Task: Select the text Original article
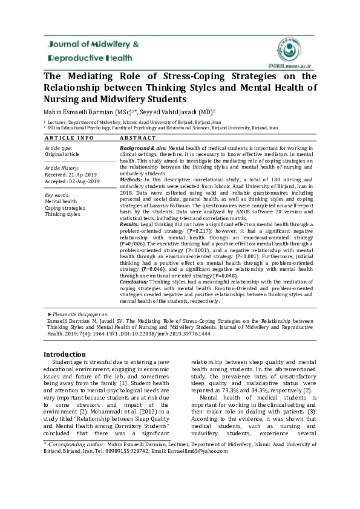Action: point(63,154)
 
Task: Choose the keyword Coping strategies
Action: point(65,208)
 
